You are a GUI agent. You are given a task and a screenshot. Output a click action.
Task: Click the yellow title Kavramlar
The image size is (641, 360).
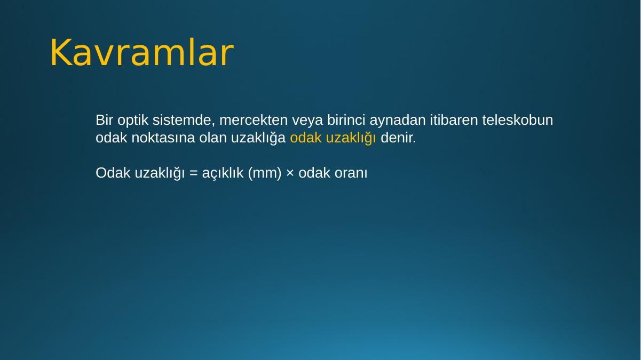tap(142, 53)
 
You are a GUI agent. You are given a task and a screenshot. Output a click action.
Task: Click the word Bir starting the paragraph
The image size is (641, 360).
tap(104, 120)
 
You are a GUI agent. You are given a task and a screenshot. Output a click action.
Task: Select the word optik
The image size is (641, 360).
tap(133, 121)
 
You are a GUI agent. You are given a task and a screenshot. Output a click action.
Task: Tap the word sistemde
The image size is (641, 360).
tap(184, 120)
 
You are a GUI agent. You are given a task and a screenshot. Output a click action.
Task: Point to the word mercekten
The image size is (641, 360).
tap(254, 120)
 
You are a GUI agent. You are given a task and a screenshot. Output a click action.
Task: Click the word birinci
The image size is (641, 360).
tap(346, 120)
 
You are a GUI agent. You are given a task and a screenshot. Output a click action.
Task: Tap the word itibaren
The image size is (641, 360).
tap(454, 120)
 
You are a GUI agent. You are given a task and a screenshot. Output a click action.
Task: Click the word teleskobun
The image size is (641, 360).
tap(518, 120)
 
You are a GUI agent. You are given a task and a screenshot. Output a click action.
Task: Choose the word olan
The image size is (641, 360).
tap(213, 138)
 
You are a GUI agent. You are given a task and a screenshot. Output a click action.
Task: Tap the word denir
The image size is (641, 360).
tap(398, 138)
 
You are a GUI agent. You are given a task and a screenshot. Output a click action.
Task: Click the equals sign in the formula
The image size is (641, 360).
tap(193, 173)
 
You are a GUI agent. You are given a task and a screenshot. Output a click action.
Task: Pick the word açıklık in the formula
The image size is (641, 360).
tap(223, 173)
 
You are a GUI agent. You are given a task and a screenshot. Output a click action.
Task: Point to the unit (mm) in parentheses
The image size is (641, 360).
tap(265, 173)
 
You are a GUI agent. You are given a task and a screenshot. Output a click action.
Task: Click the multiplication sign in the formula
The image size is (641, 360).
tap(290, 173)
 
